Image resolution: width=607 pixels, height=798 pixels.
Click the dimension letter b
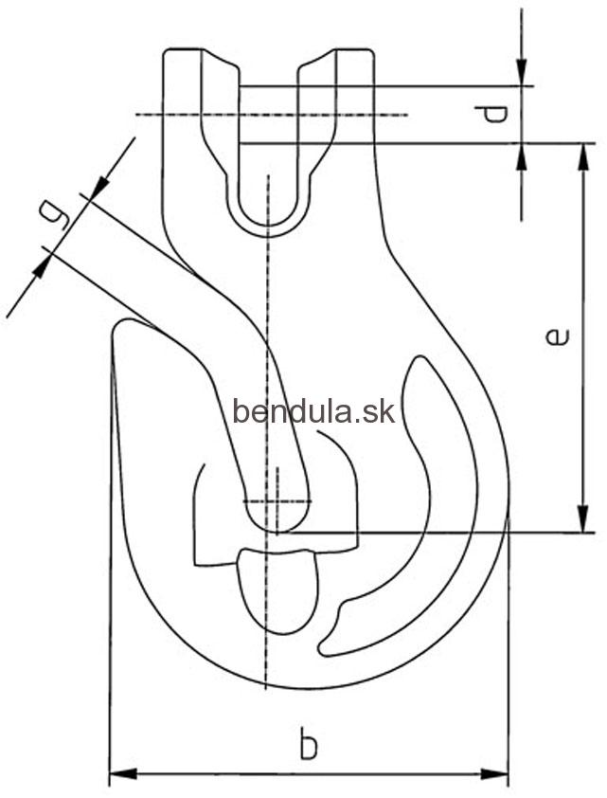pyautogui.click(x=308, y=745)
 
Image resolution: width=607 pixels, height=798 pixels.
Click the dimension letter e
pyautogui.click(x=557, y=336)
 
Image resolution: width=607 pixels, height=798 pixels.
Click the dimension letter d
pyautogui.click(x=494, y=114)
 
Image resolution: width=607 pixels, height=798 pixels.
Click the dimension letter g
pyautogui.click(x=55, y=215)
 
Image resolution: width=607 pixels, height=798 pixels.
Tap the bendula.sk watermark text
pyautogui.click(x=313, y=411)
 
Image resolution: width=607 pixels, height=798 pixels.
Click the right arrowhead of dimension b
pyautogui.click(x=494, y=774)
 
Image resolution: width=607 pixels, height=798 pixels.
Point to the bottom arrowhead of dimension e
pyautogui.click(x=583, y=519)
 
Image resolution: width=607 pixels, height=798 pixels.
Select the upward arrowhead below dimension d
pyautogui.click(x=522, y=157)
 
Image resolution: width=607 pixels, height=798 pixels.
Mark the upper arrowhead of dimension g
pyautogui.click(x=99, y=187)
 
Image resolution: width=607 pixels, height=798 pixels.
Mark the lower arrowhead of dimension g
pyautogui.click(x=43, y=265)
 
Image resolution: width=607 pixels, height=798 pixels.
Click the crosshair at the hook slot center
pyautogui.click(x=277, y=501)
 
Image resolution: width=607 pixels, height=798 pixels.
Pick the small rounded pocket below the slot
pyautogui.click(x=277, y=590)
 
